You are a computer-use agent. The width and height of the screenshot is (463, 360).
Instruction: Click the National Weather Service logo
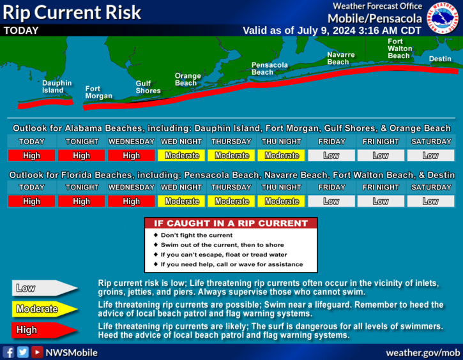click(x=443, y=17)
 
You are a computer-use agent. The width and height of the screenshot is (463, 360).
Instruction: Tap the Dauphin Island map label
click(x=57, y=87)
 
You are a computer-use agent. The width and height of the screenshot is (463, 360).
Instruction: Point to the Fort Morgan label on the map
click(x=98, y=93)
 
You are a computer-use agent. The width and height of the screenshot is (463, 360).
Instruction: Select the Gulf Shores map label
click(x=148, y=87)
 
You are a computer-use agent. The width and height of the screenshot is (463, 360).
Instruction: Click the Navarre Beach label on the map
click(x=341, y=58)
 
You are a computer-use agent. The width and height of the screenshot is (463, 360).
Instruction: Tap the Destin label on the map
click(x=440, y=59)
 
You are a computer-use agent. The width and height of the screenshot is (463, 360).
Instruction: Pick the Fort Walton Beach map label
click(x=400, y=49)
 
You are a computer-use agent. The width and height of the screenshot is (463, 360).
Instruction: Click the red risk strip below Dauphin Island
click(x=45, y=103)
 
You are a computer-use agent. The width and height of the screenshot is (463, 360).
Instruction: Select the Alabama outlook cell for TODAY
click(x=31, y=156)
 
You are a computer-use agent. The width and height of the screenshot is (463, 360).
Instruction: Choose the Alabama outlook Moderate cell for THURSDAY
click(x=231, y=156)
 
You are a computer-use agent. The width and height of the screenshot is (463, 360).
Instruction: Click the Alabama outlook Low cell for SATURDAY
click(x=430, y=156)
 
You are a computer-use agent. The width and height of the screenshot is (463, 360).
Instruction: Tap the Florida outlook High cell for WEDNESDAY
click(x=132, y=201)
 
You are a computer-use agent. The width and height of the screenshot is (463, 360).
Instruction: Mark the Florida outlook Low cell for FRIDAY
click(x=331, y=201)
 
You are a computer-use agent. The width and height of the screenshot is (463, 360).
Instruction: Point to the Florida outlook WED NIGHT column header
click(x=181, y=188)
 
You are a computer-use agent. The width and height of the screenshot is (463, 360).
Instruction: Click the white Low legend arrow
click(x=44, y=288)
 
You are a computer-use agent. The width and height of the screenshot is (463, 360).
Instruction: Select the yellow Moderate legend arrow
click(x=44, y=309)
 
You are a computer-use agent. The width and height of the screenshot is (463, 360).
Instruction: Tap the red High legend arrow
click(x=44, y=330)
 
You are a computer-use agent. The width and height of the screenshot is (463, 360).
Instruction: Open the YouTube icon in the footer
click(x=37, y=352)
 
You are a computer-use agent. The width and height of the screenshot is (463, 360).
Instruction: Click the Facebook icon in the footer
click(x=8, y=352)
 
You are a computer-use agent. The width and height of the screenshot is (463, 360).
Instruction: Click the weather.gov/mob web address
click(x=423, y=352)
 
